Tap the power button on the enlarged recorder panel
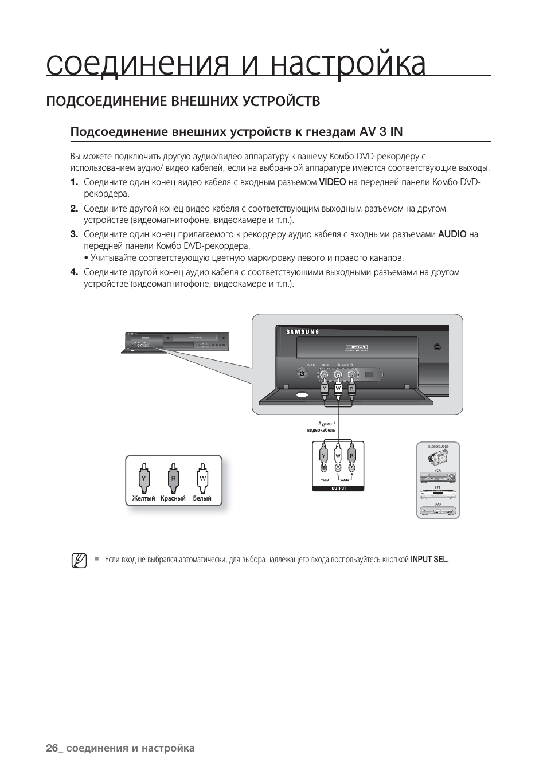302,374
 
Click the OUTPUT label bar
338,488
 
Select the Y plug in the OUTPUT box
324,456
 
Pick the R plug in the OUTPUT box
352,456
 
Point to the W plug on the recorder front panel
338,389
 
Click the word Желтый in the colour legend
143,499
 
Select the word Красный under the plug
173,499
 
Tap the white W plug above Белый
202,478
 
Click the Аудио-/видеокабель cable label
321,427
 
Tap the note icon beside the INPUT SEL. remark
79,560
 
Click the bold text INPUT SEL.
429,560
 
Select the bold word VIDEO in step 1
333,182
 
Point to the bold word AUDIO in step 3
452,234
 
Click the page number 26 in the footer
52,748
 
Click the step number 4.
73,272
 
